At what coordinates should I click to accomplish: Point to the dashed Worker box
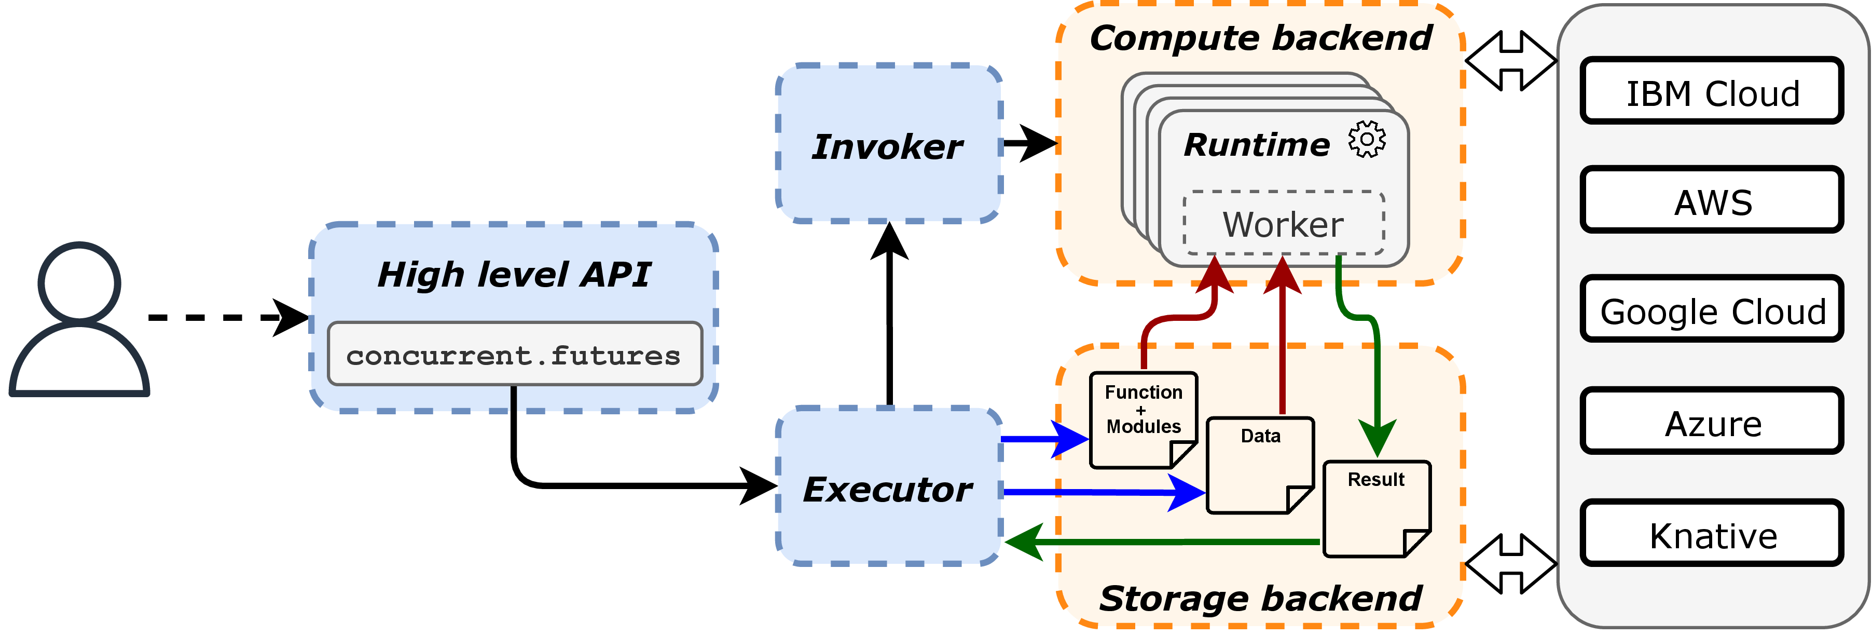1283,224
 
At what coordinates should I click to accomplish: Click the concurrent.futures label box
515,354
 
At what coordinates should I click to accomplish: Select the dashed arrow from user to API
218,318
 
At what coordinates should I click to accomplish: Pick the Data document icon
1259,465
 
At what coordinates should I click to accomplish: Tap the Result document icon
1375,509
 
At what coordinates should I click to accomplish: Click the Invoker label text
888,147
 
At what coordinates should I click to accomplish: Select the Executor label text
888,489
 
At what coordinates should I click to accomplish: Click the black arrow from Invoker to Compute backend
1028,143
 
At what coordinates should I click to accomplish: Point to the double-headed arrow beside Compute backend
1510,61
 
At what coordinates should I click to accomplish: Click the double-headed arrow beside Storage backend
1510,563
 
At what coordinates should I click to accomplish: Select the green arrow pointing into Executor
1163,542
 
